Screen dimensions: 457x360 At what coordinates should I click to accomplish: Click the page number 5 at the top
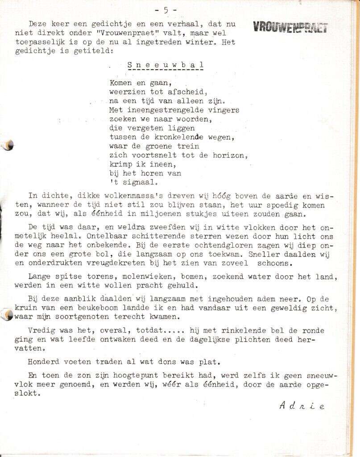(166, 9)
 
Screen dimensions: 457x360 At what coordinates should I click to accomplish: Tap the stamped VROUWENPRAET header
(290, 27)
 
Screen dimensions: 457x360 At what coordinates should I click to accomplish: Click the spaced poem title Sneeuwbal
(166, 65)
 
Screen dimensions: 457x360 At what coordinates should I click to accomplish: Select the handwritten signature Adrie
(302, 405)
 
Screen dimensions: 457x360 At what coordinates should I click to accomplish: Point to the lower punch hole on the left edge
(7, 315)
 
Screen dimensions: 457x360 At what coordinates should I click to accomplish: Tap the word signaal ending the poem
(136, 182)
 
